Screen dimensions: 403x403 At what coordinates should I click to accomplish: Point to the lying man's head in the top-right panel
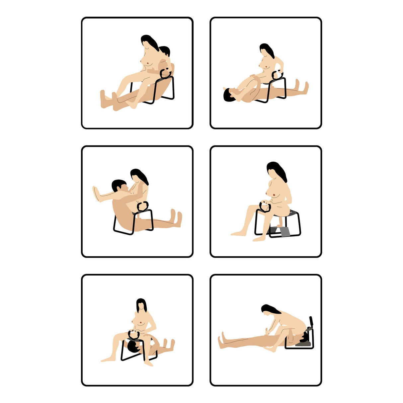click(229, 95)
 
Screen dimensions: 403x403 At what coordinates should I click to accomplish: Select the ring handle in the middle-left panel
click(144, 206)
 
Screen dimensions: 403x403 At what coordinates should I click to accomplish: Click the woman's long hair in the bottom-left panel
click(141, 305)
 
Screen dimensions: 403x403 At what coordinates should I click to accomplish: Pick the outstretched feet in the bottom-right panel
click(221, 342)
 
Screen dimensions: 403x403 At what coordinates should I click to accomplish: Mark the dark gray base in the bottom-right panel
click(303, 344)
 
